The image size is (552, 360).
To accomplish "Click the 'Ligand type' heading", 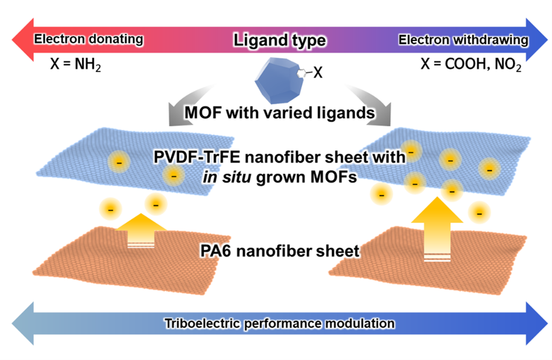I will (280, 40).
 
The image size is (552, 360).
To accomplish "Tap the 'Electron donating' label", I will (88, 39).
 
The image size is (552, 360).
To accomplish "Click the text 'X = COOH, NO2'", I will (471, 65).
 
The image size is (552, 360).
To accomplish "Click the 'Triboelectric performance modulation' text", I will (279, 322).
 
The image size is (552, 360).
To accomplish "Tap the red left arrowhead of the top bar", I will (21, 40).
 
